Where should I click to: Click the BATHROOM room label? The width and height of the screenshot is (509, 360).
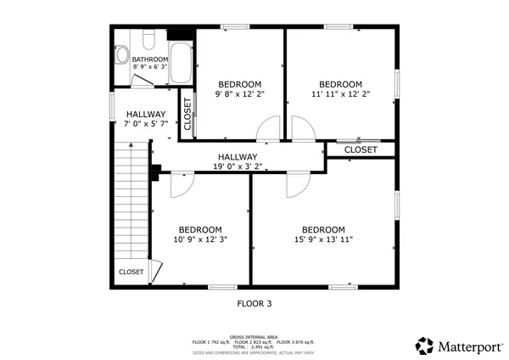[150, 59]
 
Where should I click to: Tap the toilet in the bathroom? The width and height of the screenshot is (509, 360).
[147, 41]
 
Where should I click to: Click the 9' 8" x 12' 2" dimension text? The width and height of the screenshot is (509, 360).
[239, 94]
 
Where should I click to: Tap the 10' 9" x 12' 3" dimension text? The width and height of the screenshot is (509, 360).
[200, 240]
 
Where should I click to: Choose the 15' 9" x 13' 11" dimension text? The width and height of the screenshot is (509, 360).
[323, 240]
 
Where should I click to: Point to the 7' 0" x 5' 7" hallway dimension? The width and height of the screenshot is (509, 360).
[146, 124]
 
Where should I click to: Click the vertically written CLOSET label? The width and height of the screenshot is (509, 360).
[187, 114]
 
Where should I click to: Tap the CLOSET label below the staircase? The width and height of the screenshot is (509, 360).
[131, 272]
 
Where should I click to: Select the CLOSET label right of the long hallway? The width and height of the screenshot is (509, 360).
[361, 149]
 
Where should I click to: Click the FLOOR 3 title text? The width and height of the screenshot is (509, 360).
[254, 302]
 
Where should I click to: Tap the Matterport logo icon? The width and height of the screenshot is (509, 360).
[424, 346]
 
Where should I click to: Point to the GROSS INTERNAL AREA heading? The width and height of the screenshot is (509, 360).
[254, 336]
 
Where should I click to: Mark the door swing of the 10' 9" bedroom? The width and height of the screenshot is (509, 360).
[181, 184]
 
